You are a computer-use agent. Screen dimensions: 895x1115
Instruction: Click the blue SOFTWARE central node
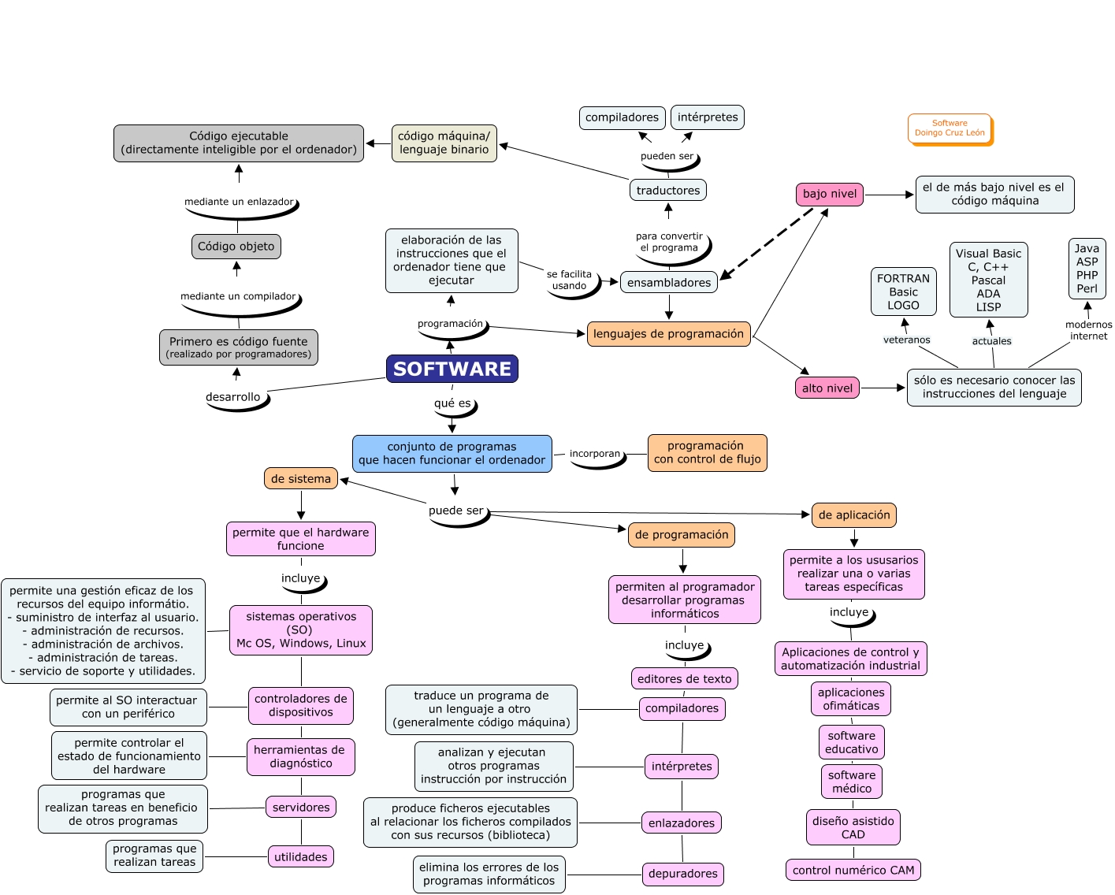point(452,369)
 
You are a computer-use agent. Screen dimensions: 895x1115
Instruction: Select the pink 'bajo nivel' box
point(829,194)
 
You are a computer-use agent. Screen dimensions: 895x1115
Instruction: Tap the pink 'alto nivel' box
point(827,388)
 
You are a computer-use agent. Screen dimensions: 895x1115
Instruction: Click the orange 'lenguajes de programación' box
point(668,334)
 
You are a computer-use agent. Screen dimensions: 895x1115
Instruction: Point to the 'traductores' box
point(667,191)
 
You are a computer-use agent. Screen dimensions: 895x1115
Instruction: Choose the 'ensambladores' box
point(668,283)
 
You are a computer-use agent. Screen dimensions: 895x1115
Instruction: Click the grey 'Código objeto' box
point(236,247)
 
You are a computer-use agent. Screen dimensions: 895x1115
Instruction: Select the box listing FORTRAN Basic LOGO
point(903,292)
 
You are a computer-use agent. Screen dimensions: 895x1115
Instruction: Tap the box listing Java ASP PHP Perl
point(1087,269)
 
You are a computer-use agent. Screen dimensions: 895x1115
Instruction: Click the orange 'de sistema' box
point(300,479)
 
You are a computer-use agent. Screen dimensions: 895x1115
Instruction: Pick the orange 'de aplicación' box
point(853,515)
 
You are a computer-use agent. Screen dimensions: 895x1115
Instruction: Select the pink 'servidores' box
point(301,808)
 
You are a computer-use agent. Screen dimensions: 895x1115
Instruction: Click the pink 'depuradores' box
point(682,874)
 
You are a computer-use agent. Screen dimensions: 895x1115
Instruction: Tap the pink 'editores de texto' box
point(684,679)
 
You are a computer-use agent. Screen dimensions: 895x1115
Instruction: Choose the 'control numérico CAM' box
point(853,871)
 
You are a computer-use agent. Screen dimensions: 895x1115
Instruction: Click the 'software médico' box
point(851,782)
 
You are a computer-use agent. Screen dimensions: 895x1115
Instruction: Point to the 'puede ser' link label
point(456,511)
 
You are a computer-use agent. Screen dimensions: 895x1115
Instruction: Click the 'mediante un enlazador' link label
point(239,202)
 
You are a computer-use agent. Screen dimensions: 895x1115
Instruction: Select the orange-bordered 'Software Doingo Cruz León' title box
point(950,128)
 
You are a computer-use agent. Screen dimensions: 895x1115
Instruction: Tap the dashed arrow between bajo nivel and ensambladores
point(767,243)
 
